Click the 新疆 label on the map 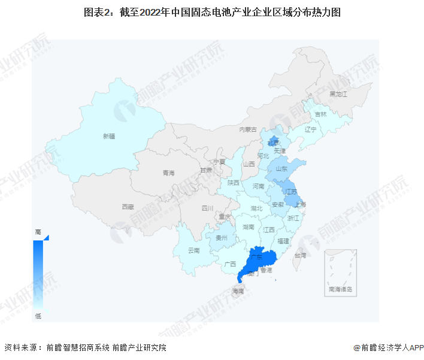click(108, 137)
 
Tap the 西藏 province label click(128, 206)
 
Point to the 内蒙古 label click(248, 129)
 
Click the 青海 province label click(168, 173)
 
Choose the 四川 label click(207, 208)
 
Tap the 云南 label click(194, 250)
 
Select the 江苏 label click(291, 191)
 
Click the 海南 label click(238, 291)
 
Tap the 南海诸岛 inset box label click(340, 289)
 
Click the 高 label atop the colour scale click(38, 231)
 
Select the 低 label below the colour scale click(38, 316)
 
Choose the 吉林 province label click(321, 114)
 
